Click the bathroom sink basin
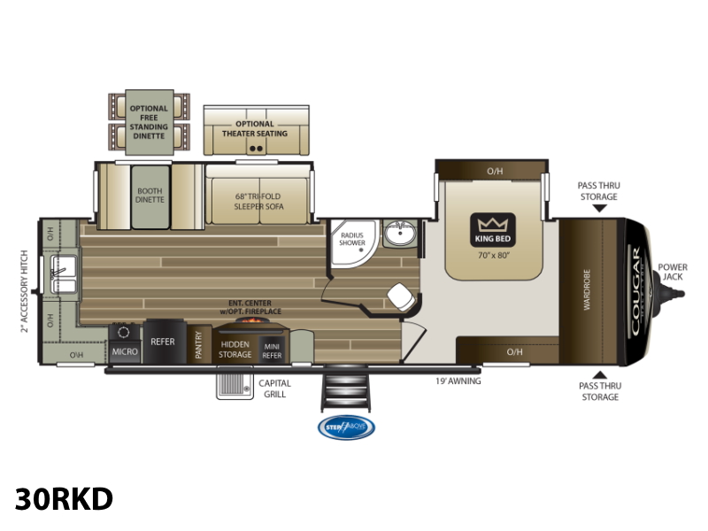(400, 236)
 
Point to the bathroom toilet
(399, 296)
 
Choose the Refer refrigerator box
(162, 341)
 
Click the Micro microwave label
(123, 351)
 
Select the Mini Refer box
(272, 350)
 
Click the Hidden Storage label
(235, 350)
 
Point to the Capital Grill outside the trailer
(234, 386)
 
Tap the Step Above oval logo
(346, 427)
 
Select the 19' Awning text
(458, 381)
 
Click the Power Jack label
(673, 272)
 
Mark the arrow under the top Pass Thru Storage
(599, 209)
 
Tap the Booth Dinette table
(150, 195)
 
